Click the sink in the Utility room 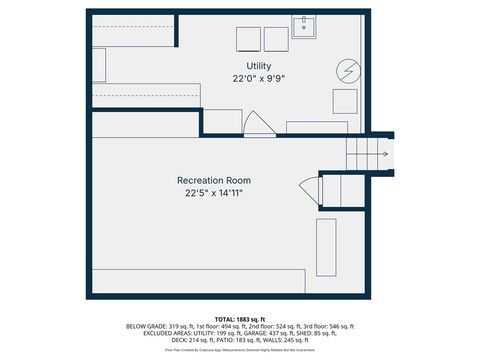click(304, 26)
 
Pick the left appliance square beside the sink click(248, 39)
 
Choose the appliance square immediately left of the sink click(276, 39)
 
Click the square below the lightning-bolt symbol click(345, 101)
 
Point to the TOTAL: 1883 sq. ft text click(240, 318)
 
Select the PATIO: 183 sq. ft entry click(254, 340)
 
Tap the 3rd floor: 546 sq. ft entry click(332, 326)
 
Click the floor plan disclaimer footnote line click(240, 350)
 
